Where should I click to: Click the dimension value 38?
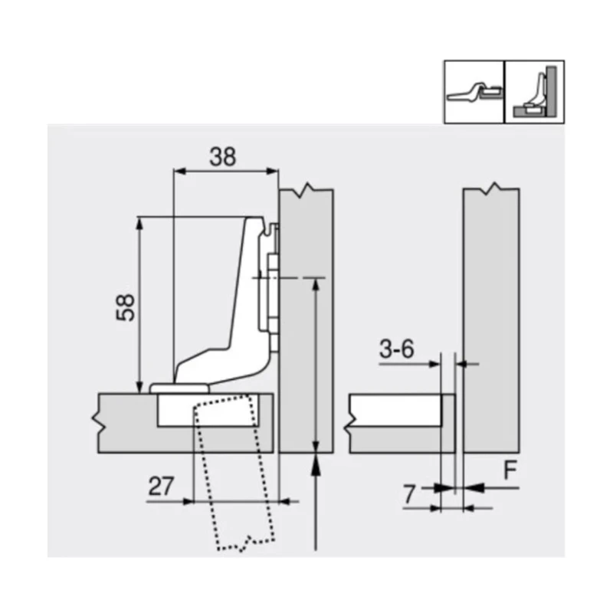click(223, 156)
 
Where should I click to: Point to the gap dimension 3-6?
click(395, 349)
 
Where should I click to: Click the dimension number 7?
click(411, 495)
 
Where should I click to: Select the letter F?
click(506, 468)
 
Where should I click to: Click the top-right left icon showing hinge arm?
click(474, 91)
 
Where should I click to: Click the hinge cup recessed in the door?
click(176, 411)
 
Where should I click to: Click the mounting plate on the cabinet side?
click(270, 291)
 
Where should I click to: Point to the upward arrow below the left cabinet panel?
click(316, 498)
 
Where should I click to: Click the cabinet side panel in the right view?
click(491, 322)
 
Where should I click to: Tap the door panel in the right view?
click(395, 422)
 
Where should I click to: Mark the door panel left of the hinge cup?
click(126, 422)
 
